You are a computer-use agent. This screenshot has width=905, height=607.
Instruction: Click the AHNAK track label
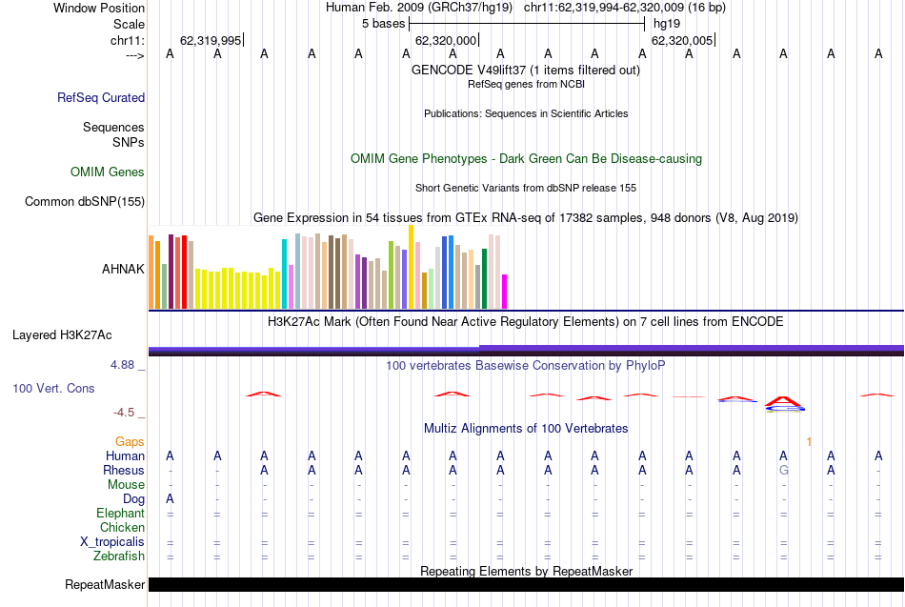point(123,269)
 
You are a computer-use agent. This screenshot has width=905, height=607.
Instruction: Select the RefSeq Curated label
point(101,97)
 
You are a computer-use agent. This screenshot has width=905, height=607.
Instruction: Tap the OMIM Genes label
point(108,172)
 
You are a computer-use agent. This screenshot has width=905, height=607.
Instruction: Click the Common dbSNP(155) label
point(85,201)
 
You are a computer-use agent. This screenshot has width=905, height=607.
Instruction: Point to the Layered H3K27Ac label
point(62,334)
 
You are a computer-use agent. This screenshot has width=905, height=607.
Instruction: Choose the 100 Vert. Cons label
point(53,388)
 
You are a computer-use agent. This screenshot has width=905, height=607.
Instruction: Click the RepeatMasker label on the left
point(105,584)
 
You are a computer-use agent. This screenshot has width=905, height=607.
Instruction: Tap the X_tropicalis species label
point(112,542)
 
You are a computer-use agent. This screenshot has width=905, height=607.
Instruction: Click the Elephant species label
point(120,514)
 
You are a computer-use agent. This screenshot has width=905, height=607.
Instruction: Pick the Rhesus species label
point(124,471)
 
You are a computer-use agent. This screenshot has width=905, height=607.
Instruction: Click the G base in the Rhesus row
point(783,471)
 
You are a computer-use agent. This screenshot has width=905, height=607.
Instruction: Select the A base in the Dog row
point(170,499)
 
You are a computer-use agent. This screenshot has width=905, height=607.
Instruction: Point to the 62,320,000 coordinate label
point(445,40)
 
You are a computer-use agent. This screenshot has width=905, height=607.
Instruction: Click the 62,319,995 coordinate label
point(211,40)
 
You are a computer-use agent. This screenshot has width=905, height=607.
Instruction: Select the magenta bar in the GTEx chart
point(505,291)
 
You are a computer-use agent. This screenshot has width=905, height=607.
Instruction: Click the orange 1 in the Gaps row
point(808,442)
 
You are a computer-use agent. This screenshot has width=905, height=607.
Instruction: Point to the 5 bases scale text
point(383,24)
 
